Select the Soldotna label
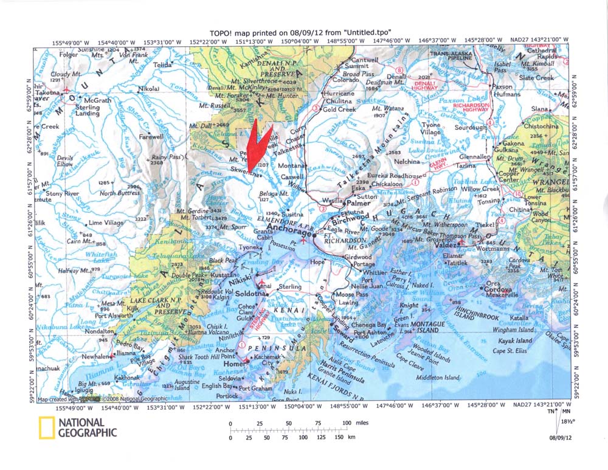click(248, 294)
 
